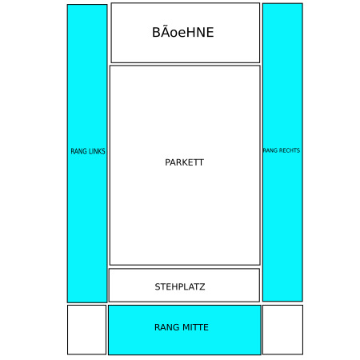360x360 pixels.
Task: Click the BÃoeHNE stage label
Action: [183, 32]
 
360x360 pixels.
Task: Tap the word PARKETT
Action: [184, 162]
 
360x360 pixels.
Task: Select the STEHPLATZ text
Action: [180, 286]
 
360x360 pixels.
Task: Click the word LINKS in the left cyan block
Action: [97, 151]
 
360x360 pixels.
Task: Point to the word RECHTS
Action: [290, 150]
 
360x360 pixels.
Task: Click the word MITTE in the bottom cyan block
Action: [195, 327]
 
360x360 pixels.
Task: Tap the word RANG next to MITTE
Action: [167, 327]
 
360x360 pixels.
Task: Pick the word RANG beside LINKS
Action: [79, 151]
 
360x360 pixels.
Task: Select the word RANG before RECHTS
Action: [270, 150]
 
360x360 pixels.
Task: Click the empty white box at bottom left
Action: [86, 330]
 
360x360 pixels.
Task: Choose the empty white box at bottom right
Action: [282, 330]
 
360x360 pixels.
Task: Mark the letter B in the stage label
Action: [156, 32]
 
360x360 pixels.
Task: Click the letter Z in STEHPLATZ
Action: [202, 286]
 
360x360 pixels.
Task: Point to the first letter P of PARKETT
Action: [168, 162]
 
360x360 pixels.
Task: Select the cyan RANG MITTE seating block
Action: [185, 330]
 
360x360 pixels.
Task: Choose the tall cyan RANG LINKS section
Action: [87, 154]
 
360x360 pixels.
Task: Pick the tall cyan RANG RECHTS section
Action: [282, 152]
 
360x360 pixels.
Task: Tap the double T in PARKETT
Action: [198, 162]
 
